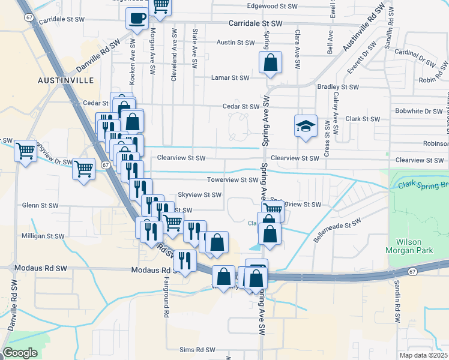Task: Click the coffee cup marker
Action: [137, 18]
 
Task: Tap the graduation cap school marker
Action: [306, 127]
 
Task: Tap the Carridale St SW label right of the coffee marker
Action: [255, 23]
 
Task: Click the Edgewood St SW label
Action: [273, 6]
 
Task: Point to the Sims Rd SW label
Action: [197, 350]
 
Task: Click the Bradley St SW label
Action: [337, 87]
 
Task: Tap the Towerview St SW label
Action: [232, 179]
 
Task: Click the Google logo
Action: [20, 353]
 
